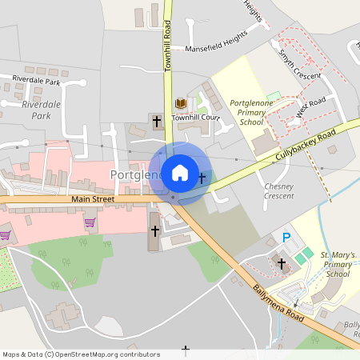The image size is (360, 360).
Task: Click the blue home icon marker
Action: (180, 172)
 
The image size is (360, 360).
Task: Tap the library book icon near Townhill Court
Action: (180, 104)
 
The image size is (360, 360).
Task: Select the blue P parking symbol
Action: (286, 238)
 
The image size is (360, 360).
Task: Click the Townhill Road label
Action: (169, 46)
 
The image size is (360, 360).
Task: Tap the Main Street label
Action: (93, 199)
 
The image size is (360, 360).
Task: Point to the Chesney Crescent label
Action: (278, 190)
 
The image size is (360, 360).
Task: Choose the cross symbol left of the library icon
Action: (156, 121)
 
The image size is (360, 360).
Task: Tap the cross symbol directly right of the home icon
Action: (202, 178)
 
